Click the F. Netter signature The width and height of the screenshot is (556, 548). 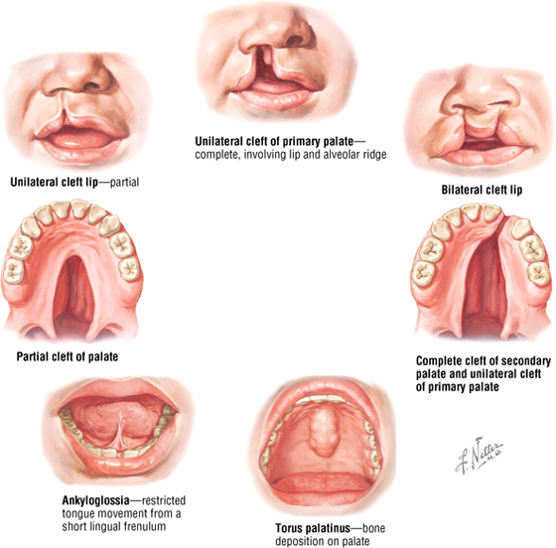coord(479,456)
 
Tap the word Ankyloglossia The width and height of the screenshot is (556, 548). coord(95,500)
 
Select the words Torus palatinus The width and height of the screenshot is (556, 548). coord(313,528)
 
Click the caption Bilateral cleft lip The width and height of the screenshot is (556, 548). coord(482,190)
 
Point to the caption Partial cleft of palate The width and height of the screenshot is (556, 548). coord(68,356)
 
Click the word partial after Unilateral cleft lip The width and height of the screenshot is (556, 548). coord(124,183)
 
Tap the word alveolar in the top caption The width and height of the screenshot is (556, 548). coord(327,155)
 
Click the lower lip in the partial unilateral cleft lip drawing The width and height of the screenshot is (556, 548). coord(80,151)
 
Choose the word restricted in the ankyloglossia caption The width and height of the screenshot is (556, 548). coord(164,500)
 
